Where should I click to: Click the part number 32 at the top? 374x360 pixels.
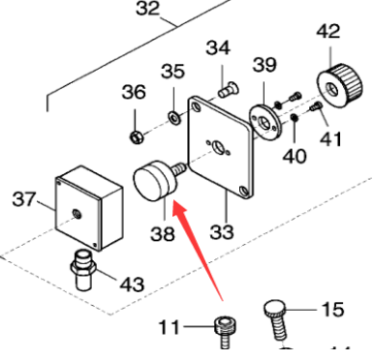click(x=147, y=10)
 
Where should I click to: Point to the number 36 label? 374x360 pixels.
click(x=133, y=93)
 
